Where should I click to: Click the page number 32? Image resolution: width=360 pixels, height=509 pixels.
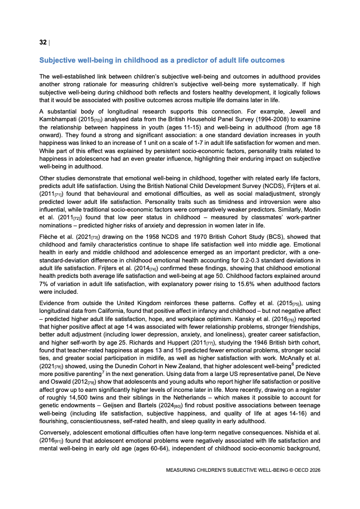pos(43,42)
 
